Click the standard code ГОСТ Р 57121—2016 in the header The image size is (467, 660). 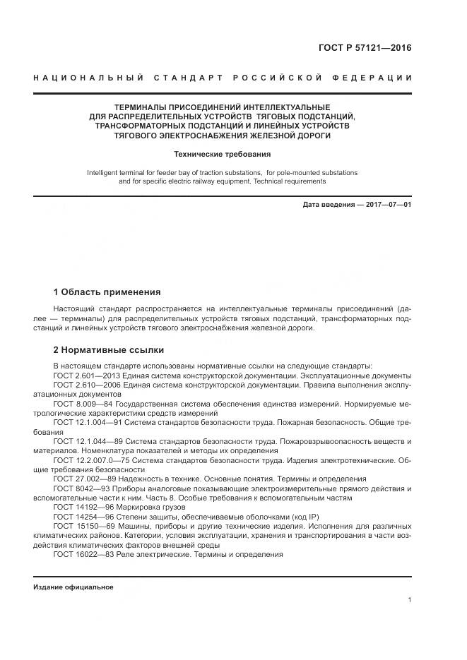pyautogui.click(x=363, y=48)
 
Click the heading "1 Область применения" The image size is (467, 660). pyautogui.click(x=107, y=292)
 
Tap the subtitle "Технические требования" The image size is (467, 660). pyautogui.click(x=223, y=154)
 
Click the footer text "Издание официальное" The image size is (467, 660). pyautogui.click(x=73, y=587)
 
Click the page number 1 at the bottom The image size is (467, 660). pyautogui.click(x=409, y=600)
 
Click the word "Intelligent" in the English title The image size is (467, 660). pyautogui.click(x=103, y=172)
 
